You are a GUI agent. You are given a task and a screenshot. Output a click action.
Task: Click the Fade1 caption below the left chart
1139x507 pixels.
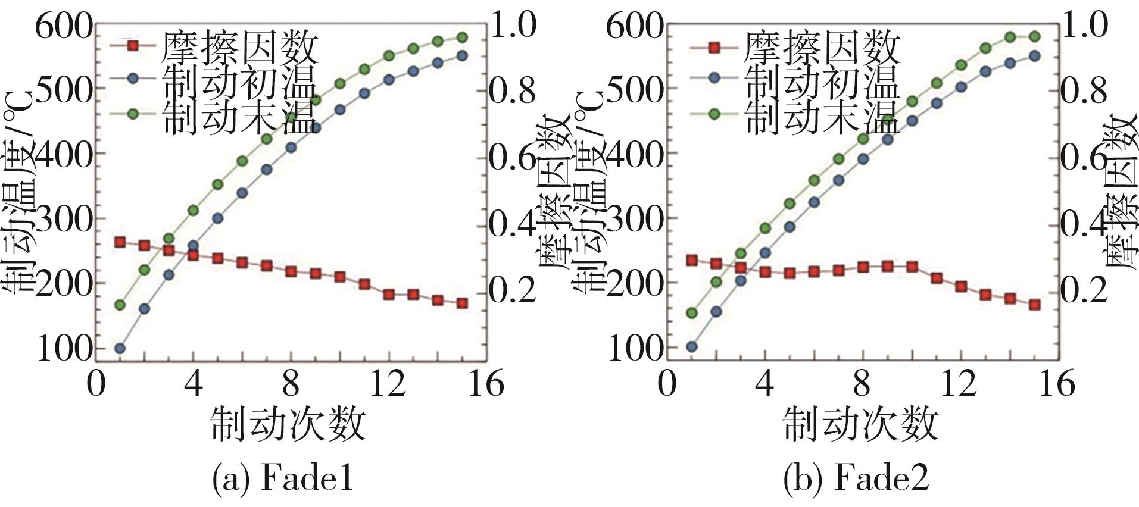click(283, 478)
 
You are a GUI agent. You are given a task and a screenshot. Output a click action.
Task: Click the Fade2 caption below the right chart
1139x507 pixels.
click(856, 478)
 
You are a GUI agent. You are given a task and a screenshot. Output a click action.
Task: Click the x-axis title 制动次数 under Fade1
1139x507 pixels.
click(288, 424)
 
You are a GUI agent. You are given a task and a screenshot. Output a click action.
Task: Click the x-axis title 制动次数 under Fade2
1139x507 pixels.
click(860, 424)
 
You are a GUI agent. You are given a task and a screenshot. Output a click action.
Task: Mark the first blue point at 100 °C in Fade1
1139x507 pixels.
click(120, 348)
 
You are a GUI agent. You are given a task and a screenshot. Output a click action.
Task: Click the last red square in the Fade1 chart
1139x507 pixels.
click(463, 303)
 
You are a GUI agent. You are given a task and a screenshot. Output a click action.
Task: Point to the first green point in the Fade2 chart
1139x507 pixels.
click(692, 313)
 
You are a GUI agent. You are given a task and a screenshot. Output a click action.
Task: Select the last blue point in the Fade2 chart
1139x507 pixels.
click(1035, 56)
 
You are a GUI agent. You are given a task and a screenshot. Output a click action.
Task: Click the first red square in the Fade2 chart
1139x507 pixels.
click(692, 260)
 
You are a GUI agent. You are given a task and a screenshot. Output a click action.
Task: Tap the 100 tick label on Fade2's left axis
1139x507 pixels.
click(635, 349)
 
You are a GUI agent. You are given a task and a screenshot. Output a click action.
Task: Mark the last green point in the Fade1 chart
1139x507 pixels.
click(463, 37)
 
